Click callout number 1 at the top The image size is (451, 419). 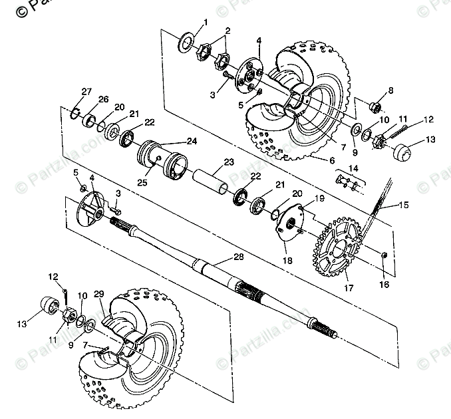click(x=206, y=22)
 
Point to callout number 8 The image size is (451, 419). click(x=390, y=90)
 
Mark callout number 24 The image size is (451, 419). click(x=192, y=141)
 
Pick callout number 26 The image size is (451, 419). click(x=103, y=99)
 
